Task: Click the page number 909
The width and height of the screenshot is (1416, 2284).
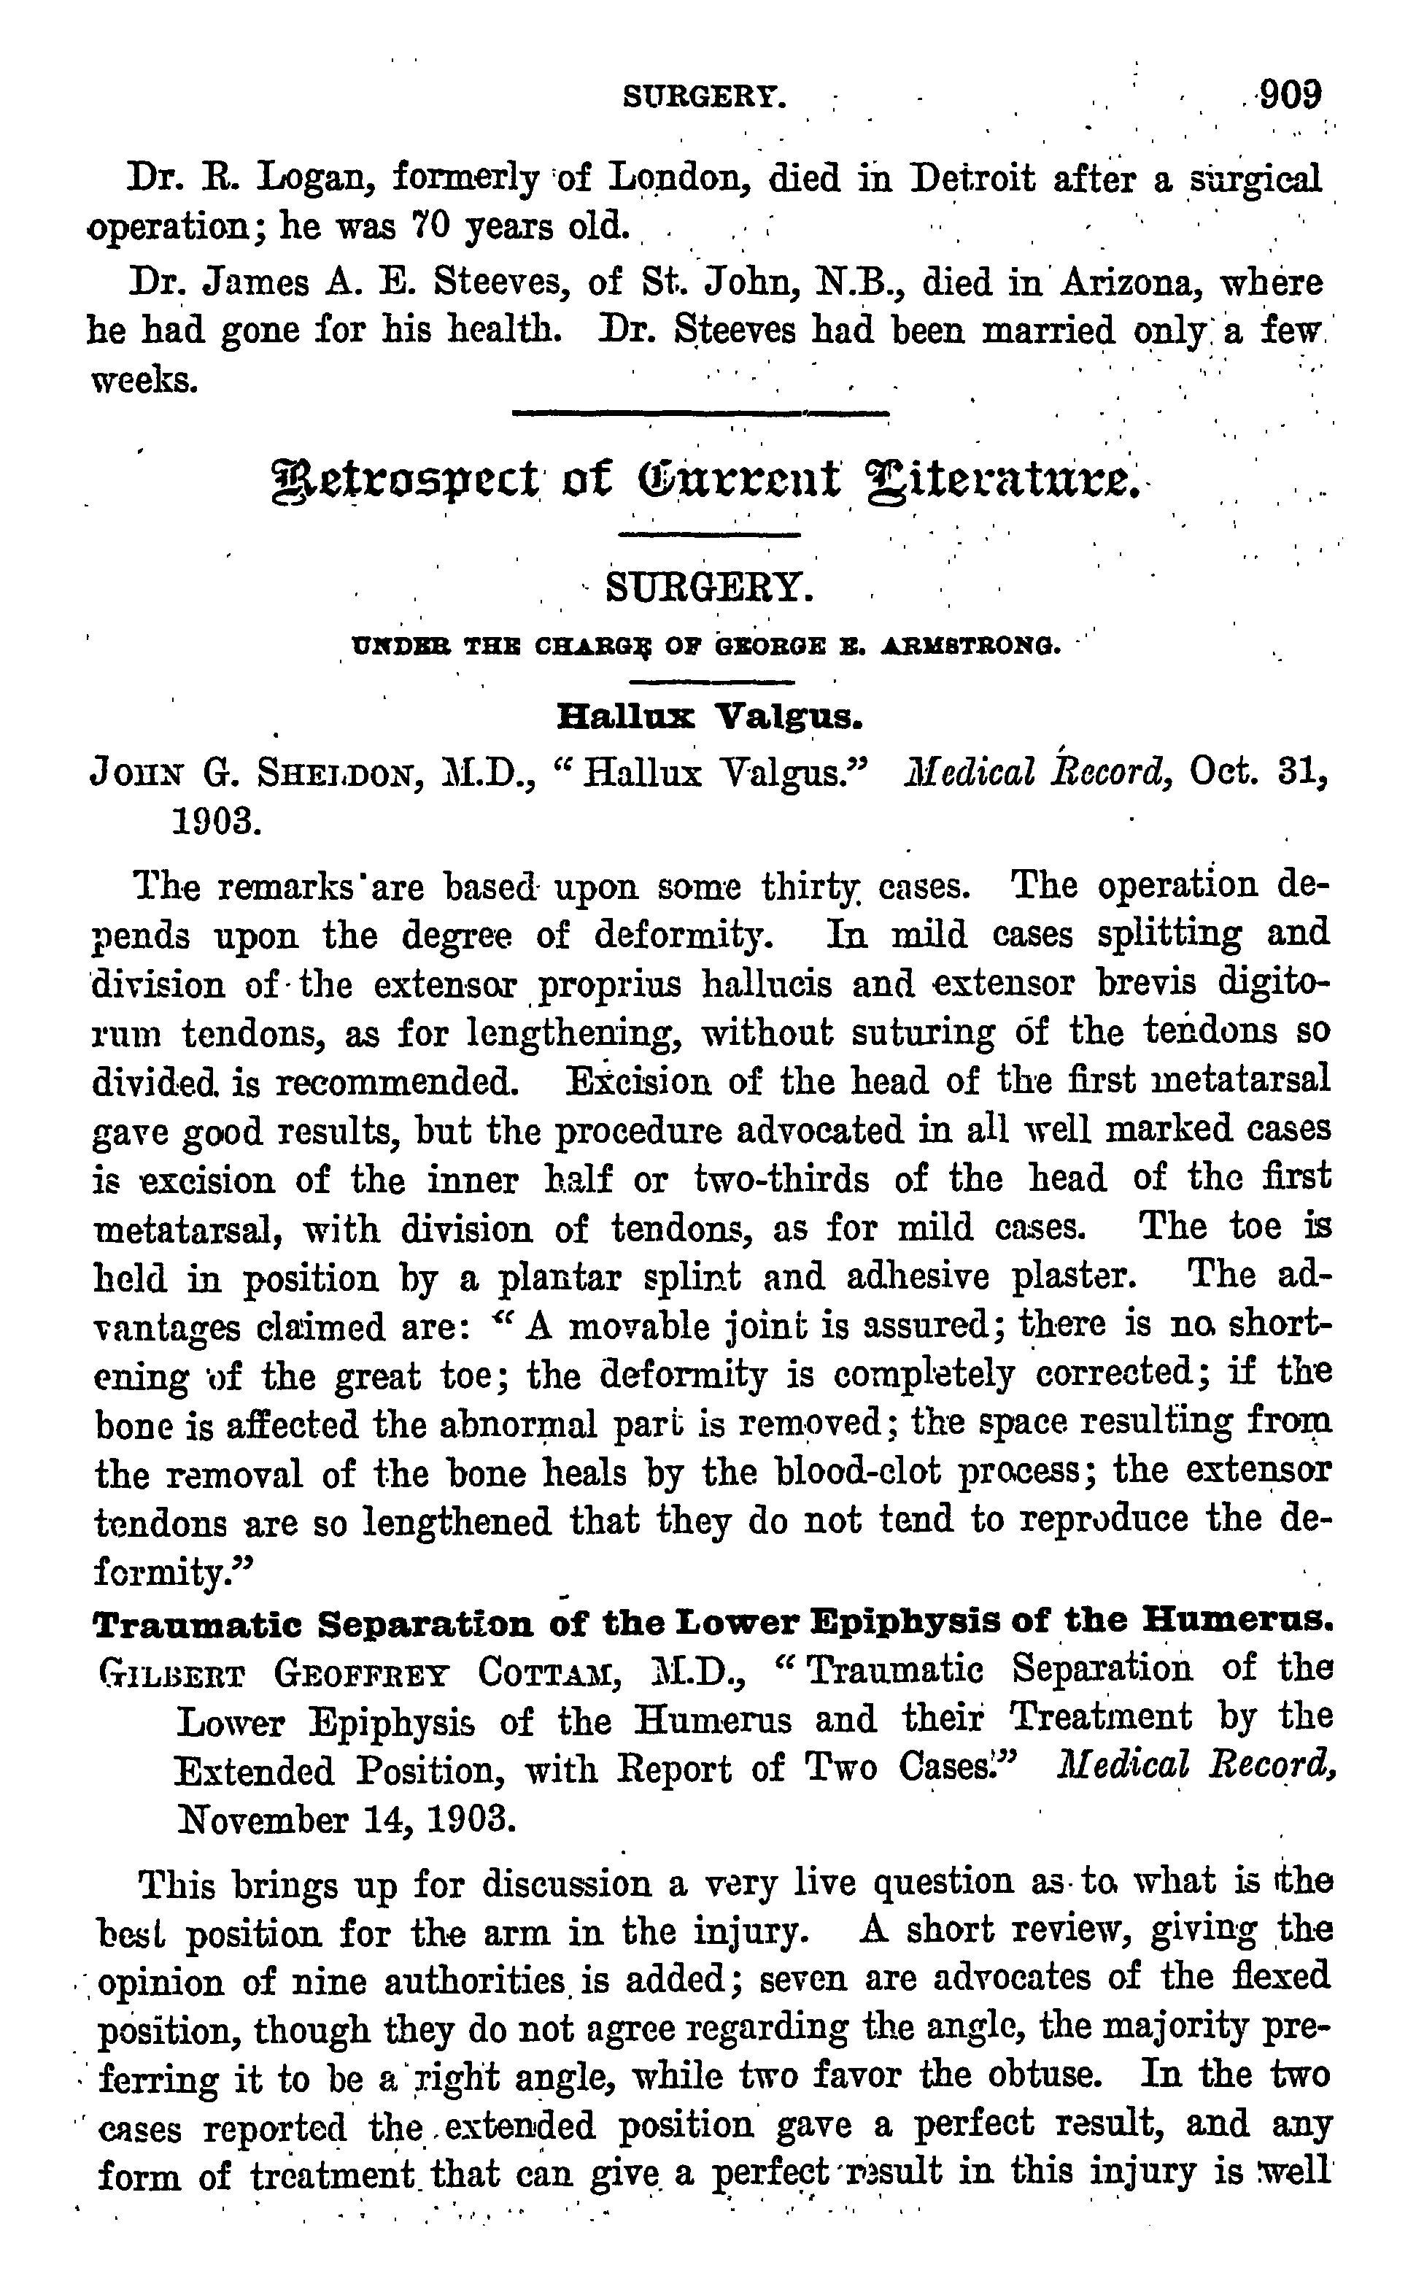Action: coord(1290,95)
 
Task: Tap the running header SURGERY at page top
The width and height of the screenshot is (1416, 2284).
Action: coord(703,96)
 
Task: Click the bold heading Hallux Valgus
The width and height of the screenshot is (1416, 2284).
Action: coord(709,717)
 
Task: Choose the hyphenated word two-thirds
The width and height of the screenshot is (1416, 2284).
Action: coord(781,1179)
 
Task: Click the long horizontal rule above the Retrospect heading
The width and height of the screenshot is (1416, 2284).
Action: coord(700,413)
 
